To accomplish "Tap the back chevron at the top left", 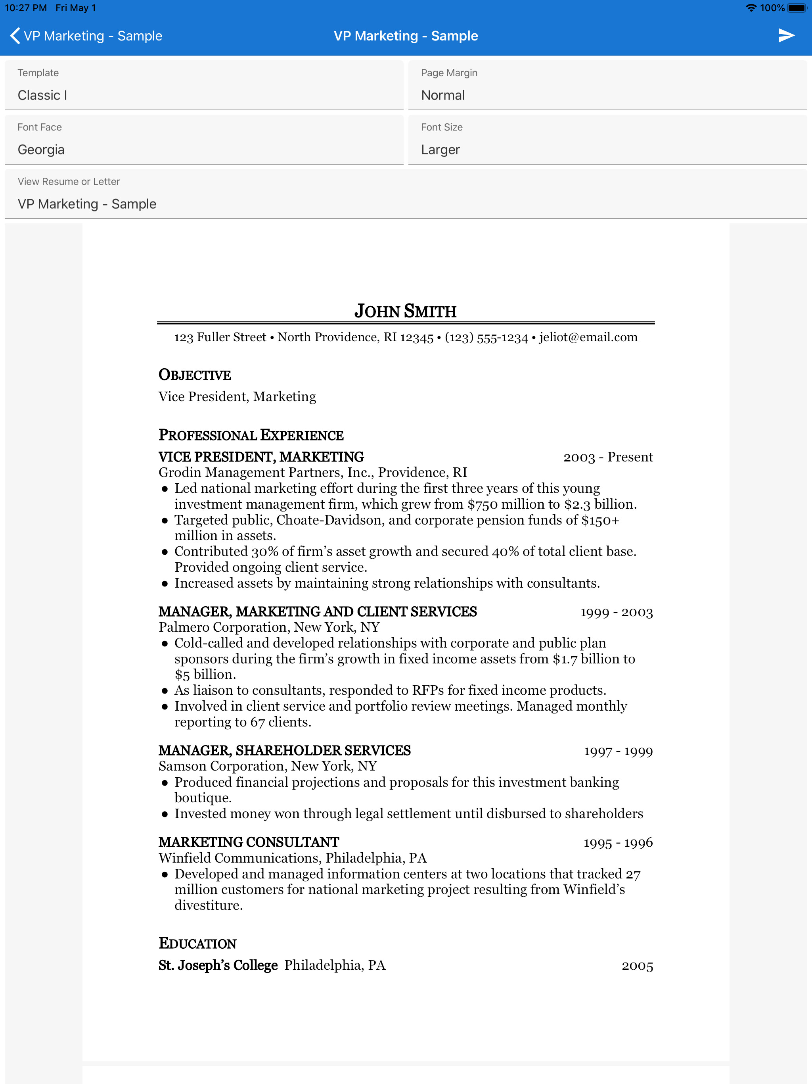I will coord(15,36).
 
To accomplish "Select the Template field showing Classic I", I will coord(204,86).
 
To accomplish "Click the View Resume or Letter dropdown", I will coord(406,194).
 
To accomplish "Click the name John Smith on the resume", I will coord(406,311).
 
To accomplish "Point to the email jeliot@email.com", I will coord(588,337).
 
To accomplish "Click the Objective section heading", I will coord(194,375).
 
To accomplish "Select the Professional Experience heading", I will coord(251,435).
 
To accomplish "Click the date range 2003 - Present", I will coord(608,457).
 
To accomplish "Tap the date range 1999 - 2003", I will coord(616,613).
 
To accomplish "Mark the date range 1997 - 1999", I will coord(618,751).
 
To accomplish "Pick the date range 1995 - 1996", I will coord(618,843).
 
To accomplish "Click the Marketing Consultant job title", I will coord(248,842).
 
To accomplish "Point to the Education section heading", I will coord(197,944).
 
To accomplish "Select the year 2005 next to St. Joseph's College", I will coord(637,966).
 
